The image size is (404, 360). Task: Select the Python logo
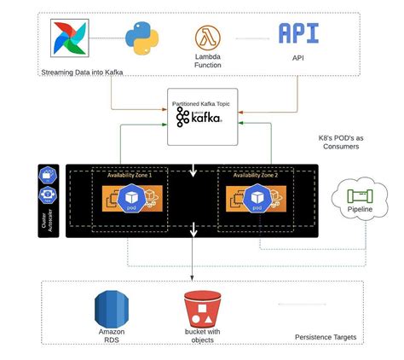141,38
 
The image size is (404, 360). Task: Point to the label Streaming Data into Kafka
81,73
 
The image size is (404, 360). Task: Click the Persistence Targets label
326,338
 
